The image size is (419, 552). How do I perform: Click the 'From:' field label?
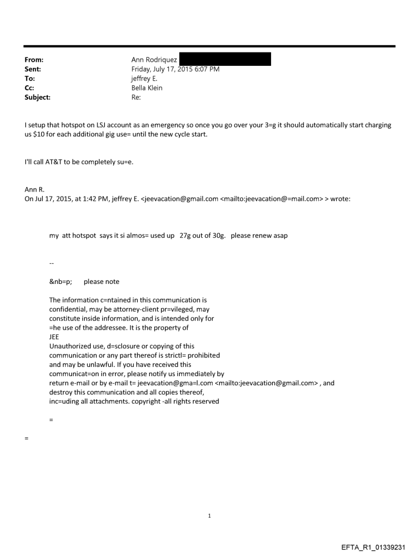[34, 60]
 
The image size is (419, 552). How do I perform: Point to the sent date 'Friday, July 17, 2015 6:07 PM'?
[175, 69]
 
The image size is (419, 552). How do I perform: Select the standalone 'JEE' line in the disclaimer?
[54, 337]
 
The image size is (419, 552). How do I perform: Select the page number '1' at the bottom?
[209, 515]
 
